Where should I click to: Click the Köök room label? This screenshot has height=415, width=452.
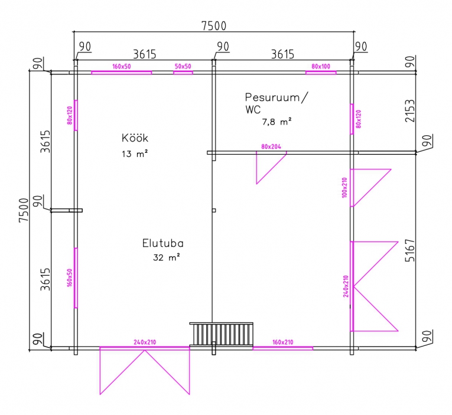click(135, 138)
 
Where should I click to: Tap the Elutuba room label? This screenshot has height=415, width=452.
click(163, 243)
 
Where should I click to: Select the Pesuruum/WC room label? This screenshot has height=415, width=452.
click(277, 103)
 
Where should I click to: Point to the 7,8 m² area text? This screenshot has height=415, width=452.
click(277, 122)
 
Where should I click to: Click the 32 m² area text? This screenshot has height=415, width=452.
click(167, 257)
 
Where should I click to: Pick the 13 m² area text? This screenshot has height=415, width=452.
click(135, 154)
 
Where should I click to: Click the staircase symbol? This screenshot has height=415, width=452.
click(221, 334)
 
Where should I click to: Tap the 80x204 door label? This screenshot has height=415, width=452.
click(271, 146)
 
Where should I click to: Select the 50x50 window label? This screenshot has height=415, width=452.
click(183, 66)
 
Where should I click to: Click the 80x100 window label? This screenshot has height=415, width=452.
click(321, 66)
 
